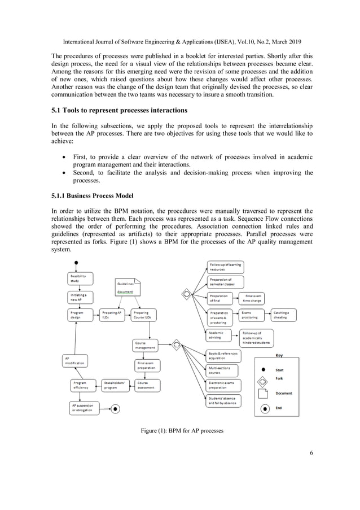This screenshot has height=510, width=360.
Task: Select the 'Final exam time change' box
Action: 253,298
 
